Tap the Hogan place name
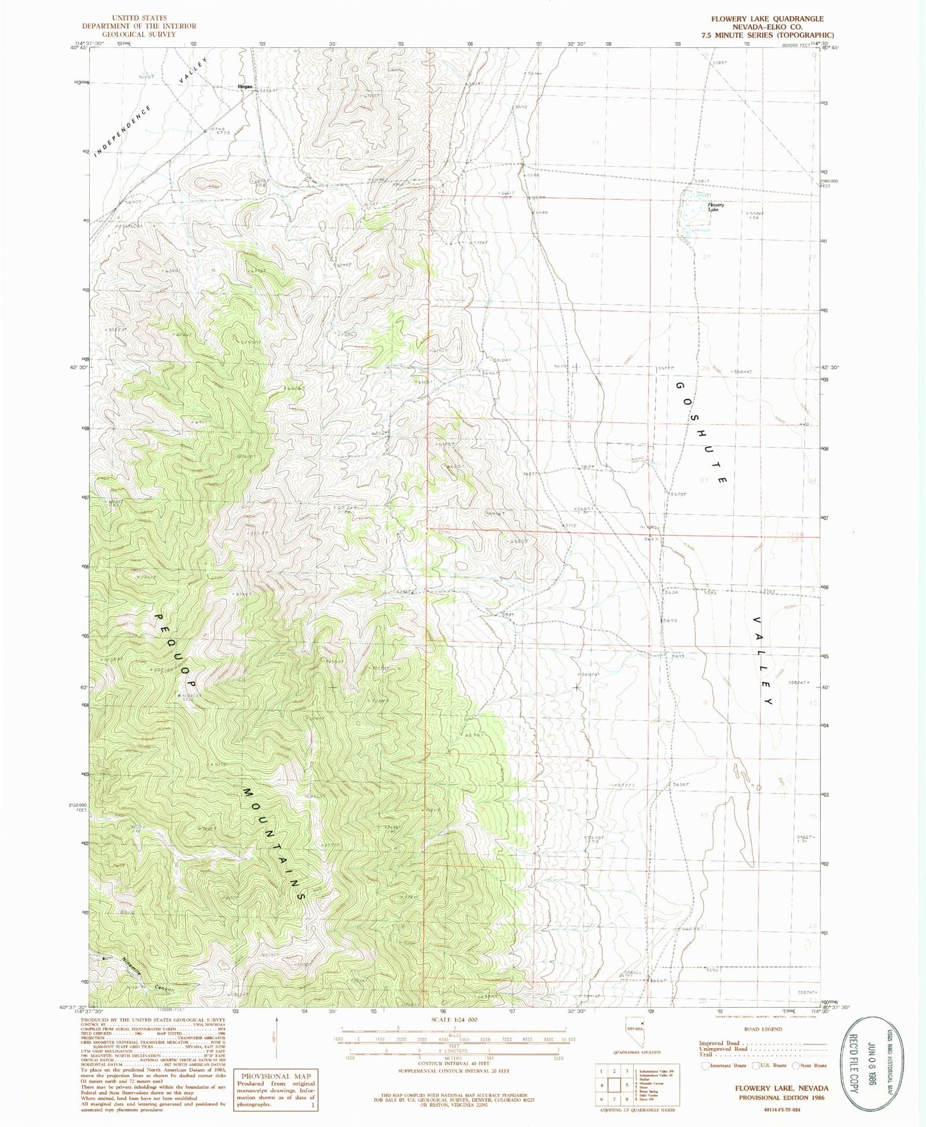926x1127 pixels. [245, 86]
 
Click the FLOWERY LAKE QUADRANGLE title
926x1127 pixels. [768, 19]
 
